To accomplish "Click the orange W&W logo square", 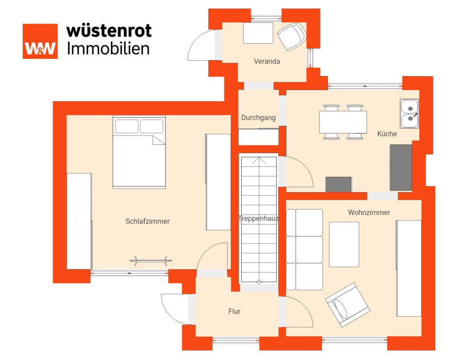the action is tap(40, 41).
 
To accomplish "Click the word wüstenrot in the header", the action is tap(109, 31).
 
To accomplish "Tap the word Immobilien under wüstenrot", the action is tap(108, 48).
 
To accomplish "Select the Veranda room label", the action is tap(267, 61).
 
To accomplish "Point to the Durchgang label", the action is tap(259, 118).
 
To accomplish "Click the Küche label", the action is tap(387, 134).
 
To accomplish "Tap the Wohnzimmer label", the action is tap(369, 213).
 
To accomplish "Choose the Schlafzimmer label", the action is tap(147, 221).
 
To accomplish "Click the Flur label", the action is tap(234, 311).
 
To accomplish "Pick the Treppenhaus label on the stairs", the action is tap(259, 218).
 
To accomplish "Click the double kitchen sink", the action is tap(410, 114).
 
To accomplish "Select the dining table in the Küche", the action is tap(343, 122).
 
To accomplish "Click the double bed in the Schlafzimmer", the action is tap(139, 152).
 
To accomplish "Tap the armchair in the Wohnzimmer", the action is tap(348, 305).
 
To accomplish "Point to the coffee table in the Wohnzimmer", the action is tap(344, 245).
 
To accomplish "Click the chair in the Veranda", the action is tap(292, 37).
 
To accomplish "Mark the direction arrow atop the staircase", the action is tap(259, 161).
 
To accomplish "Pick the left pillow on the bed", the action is tap(127, 126).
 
